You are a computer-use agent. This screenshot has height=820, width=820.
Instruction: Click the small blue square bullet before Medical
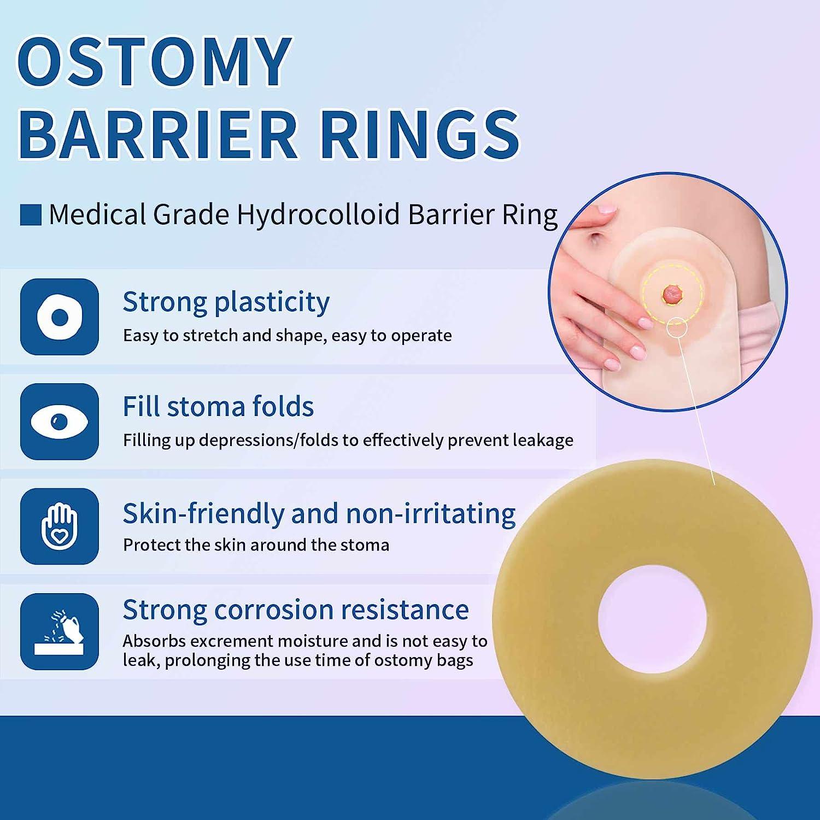click(31, 215)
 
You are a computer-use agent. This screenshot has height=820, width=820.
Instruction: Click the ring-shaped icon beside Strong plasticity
click(60, 317)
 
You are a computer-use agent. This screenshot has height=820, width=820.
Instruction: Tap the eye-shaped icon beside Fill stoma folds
click(60, 421)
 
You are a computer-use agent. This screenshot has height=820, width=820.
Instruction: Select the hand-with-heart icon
click(60, 526)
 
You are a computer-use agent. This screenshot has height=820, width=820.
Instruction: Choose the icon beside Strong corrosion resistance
click(60, 631)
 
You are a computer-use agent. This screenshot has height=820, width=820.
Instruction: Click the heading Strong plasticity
click(226, 302)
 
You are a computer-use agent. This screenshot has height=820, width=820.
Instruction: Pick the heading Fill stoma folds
click(218, 407)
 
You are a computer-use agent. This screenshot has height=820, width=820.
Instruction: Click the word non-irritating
click(430, 514)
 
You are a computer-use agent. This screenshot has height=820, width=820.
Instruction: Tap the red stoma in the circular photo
click(672, 295)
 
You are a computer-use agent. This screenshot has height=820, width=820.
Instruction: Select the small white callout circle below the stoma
click(677, 327)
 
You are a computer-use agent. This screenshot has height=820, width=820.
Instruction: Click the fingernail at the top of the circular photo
click(606, 209)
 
